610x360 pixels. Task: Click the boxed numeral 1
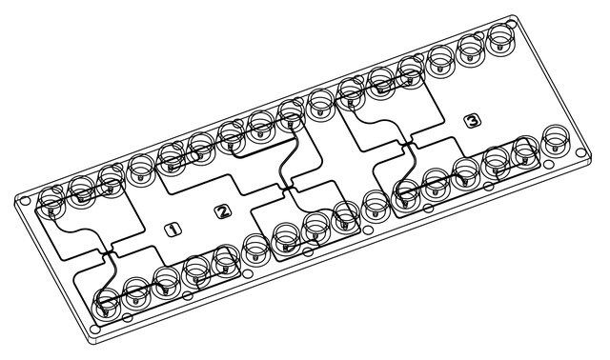(x=173, y=230)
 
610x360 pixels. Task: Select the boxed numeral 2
(x=223, y=211)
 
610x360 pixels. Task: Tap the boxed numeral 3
(x=473, y=121)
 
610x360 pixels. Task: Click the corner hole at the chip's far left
(x=25, y=201)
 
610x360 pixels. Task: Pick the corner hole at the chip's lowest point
(x=94, y=330)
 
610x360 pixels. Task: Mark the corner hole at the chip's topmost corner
(x=512, y=24)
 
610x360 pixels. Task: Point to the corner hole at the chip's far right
(x=580, y=153)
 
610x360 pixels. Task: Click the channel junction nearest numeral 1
(x=108, y=252)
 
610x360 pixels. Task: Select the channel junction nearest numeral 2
(x=287, y=189)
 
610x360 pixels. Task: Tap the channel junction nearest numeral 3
(x=407, y=145)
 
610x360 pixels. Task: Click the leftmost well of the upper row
(x=51, y=202)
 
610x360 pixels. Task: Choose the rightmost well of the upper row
(x=501, y=39)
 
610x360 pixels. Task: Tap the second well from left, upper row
(x=81, y=190)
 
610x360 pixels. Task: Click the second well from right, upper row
(x=471, y=50)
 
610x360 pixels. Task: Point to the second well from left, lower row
(x=136, y=291)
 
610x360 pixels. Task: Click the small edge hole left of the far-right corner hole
(x=548, y=165)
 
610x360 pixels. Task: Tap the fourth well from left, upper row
(x=141, y=170)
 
